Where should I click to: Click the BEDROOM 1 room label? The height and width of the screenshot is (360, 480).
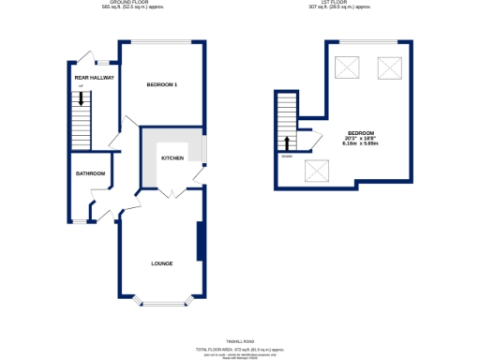[x=162, y=85]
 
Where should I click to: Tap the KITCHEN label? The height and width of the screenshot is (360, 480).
[x=172, y=158]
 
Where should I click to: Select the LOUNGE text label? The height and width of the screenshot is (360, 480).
[x=162, y=263]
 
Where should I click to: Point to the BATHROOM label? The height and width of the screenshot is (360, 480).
[x=91, y=173]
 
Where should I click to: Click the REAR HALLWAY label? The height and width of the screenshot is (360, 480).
[x=95, y=78]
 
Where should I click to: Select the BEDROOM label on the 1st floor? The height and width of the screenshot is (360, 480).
[x=359, y=132]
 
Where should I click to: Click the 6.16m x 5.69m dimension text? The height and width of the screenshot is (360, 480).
[x=359, y=143]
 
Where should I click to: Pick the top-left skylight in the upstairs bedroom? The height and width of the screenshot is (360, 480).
[x=347, y=67]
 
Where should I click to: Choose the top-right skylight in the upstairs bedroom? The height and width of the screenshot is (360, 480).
[x=387, y=67]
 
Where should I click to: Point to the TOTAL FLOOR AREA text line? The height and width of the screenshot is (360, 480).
[x=240, y=348]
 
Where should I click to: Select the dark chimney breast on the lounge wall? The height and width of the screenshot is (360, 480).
[x=200, y=242]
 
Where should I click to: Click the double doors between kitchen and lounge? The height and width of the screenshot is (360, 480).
[x=172, y=192]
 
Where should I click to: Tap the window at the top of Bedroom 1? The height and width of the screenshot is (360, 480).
[x=162, y=41]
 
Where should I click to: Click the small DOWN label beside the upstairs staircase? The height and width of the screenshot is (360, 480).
[x=285, y=156]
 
